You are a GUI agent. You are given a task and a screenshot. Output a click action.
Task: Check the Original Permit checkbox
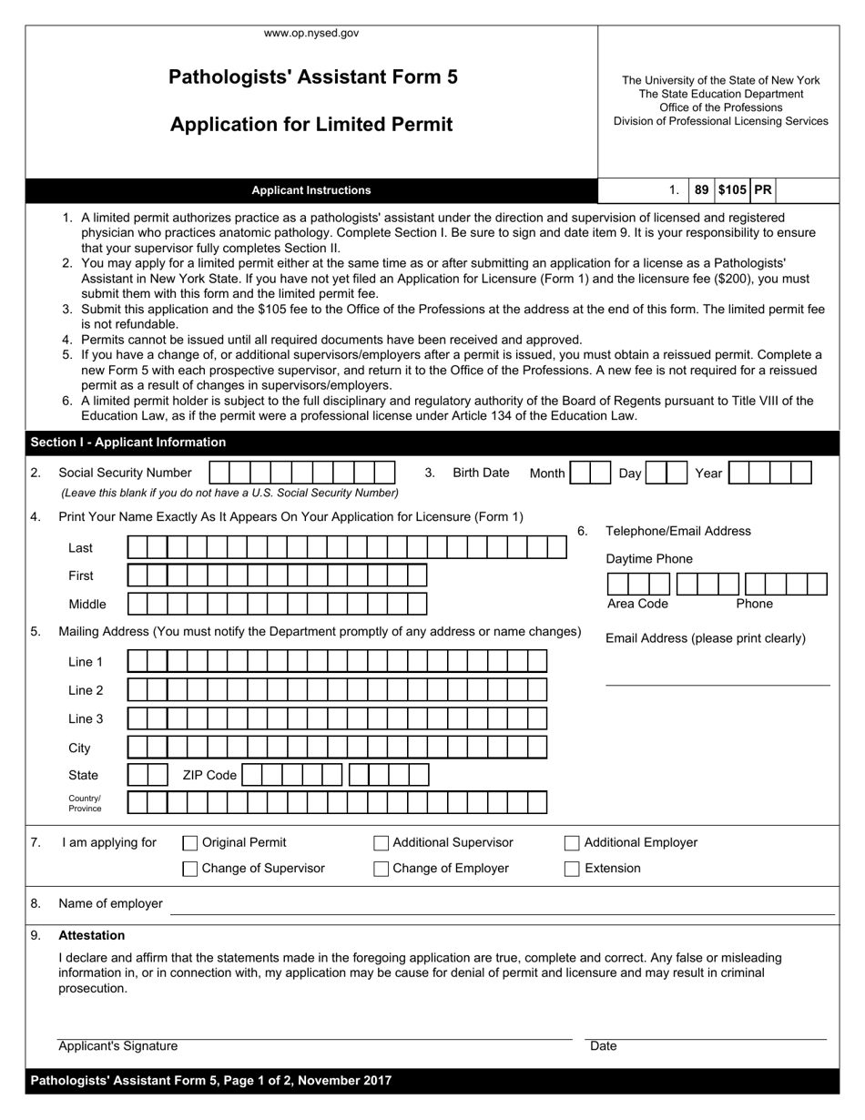(190, 843)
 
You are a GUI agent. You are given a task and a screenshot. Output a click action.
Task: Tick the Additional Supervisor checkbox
(382, 843)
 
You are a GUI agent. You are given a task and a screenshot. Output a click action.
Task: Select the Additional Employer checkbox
(572, 843)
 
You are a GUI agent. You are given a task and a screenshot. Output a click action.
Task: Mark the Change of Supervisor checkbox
(190, 869)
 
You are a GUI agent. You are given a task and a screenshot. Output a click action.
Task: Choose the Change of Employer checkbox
(382, 869)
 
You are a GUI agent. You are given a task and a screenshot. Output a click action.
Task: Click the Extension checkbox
(572, 869)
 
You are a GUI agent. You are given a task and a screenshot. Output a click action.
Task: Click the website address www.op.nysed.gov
(311, 33)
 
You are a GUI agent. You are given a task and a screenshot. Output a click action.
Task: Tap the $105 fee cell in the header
(732, 190)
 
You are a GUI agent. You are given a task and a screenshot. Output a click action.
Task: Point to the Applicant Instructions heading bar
(311, 190)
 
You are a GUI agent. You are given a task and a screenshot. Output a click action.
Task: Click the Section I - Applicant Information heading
(128, 443)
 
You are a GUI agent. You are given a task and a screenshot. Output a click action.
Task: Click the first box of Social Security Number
(219, 473)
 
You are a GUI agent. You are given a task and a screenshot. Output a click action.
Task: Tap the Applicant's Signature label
(118, 1047)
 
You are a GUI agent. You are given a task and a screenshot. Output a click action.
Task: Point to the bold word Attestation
(92, 935)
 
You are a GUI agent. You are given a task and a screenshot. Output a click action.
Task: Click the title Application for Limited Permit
(311, 125)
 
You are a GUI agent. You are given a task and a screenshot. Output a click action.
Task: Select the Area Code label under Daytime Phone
(637, 604)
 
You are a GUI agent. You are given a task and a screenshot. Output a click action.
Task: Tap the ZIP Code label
(209, 775)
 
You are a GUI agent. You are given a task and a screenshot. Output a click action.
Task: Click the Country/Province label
(85, 803)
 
